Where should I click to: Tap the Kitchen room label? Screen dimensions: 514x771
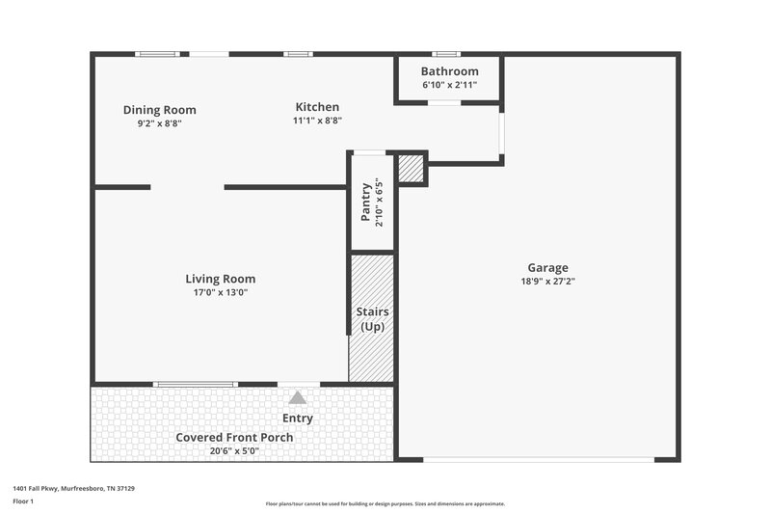(317, 107)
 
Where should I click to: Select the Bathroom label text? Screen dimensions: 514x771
(449, 71)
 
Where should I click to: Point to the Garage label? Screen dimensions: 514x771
(547, 268)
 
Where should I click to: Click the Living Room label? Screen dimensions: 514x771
(221, 279)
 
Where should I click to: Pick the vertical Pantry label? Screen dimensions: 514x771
(366, 203)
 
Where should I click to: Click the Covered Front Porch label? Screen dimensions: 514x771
(234, 437)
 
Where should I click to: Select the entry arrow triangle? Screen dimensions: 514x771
(298, 397)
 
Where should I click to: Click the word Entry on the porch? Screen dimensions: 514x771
(298, 419)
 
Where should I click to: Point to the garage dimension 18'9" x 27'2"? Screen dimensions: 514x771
(547, 282)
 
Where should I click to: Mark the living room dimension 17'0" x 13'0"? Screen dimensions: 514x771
(221, 292)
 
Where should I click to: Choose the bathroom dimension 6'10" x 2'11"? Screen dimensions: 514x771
(449, 86)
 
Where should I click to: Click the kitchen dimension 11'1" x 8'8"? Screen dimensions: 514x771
(317, 121)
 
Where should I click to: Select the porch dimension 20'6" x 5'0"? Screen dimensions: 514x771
(234, 450)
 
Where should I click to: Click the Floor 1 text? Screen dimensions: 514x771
(22, 502)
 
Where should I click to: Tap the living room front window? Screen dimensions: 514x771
(196, 385)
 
